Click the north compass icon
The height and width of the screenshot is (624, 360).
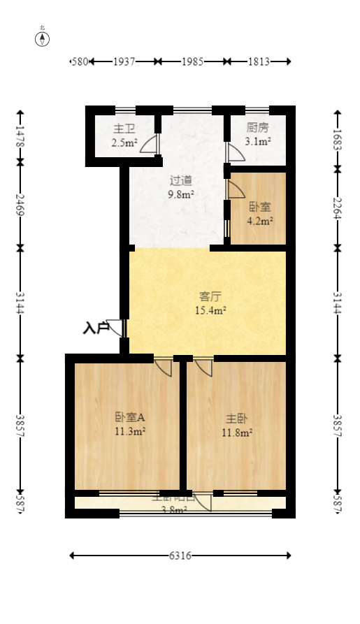[43, 38]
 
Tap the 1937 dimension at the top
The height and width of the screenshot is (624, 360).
[124, 61]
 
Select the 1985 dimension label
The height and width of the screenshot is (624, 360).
[192, 61]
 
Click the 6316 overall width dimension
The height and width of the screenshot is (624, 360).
[180, 556]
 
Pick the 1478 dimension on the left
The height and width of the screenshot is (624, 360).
[20, 136]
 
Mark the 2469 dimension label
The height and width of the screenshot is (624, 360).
[20, 205]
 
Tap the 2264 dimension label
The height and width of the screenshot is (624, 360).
[338, 208]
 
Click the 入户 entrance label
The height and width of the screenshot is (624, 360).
[96, 327]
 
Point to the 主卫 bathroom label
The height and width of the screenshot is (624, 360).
[124, 129]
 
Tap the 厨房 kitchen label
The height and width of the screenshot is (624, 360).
[257, 129]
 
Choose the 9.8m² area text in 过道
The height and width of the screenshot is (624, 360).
[180, 195]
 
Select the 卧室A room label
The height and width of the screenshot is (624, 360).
[130, 417]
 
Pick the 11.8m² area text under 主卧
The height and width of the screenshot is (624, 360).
[238, 432]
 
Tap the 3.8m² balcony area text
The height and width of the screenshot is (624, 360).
[174, 510]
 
